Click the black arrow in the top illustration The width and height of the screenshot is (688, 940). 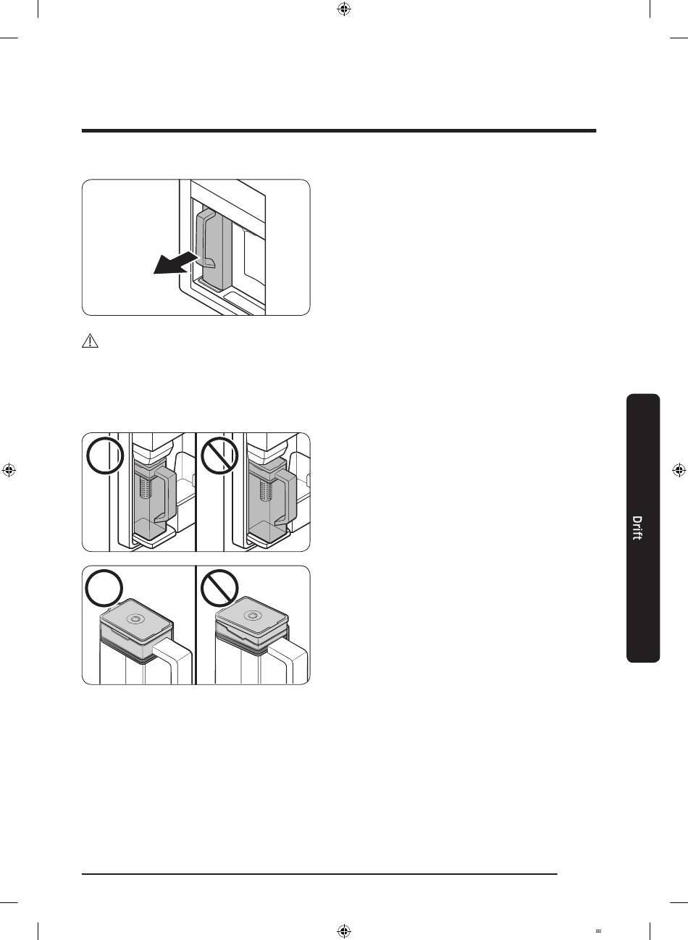(175, 264)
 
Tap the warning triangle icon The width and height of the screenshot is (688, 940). (90, 341)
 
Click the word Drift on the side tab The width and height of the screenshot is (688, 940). (637, 529)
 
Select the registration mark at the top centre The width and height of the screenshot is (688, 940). (344, 9)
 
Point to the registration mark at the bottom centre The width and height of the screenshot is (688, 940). (344, 931)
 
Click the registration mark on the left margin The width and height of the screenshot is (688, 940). (9, 470)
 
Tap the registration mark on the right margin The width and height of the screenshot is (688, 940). (679, 470)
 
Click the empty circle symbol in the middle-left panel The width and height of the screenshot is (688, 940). (105, 456)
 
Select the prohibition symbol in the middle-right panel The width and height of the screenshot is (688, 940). (219, 456)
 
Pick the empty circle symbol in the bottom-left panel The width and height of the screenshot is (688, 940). (104, 588)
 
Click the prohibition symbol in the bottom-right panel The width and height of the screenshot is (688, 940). (219, 588)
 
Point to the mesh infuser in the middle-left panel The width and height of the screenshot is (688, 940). (146, 486)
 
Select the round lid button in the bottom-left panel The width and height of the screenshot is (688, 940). (135, 618)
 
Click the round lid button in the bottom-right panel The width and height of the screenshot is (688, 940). (252, 615)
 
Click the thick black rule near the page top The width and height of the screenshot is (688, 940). (339, 131)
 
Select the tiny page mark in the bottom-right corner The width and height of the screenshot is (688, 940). (598, 929)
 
